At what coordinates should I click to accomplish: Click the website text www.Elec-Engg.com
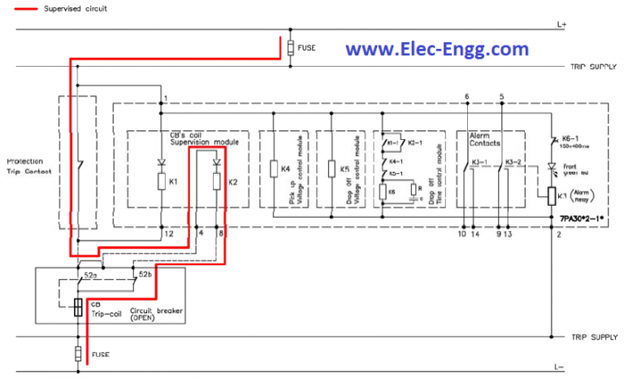pos(437,50)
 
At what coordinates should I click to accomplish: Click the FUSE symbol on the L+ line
pos(290,46)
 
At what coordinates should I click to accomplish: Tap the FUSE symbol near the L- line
pos(78,355)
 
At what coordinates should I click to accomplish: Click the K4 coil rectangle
pos(274,169)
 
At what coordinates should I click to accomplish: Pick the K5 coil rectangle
pos(331,169)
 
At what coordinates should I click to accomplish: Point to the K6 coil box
pos(383,192)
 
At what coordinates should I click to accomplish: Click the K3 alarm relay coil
pos(550,196)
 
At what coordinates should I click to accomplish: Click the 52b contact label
pos(145,275)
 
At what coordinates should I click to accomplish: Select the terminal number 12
pos(168,235)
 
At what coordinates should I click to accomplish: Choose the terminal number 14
pos(475,235)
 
